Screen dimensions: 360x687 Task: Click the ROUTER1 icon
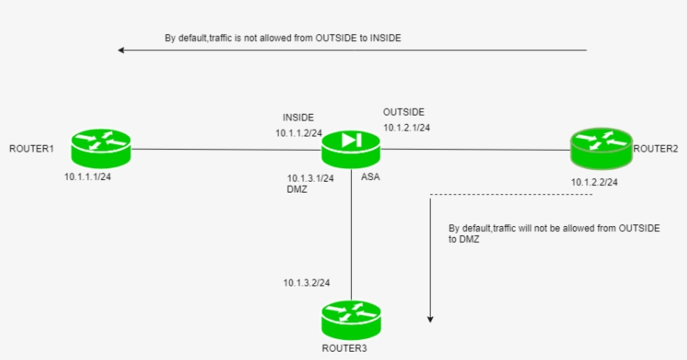click(x=101, y=149)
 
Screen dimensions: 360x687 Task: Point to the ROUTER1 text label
click(x=32, y=149)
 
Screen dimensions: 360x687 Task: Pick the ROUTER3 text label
click(x=343, y=347)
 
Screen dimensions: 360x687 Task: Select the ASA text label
click(x=370, y=177)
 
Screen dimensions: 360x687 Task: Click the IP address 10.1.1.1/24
click(x=88, y=177)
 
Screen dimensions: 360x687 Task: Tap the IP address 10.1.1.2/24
click(x=300, y=133)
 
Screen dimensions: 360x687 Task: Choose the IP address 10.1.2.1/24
click(x=407, y=128)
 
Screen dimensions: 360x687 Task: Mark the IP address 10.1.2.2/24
click(x=595, y=182)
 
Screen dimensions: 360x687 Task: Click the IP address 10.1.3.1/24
click(x=310, y=177)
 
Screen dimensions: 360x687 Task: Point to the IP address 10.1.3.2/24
click(x=307, y=282)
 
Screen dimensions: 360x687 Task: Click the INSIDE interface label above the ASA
click(x=298, y=118)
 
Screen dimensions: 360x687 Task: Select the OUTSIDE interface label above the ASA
click(x=404, y=112)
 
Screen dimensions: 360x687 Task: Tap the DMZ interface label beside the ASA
click(x=297, y=190)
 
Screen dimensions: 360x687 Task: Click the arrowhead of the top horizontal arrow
click(x=122, y=50)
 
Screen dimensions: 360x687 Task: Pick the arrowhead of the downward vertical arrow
click(x=431, y=319)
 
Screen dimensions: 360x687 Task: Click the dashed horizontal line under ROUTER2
click(x=511, y=195)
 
